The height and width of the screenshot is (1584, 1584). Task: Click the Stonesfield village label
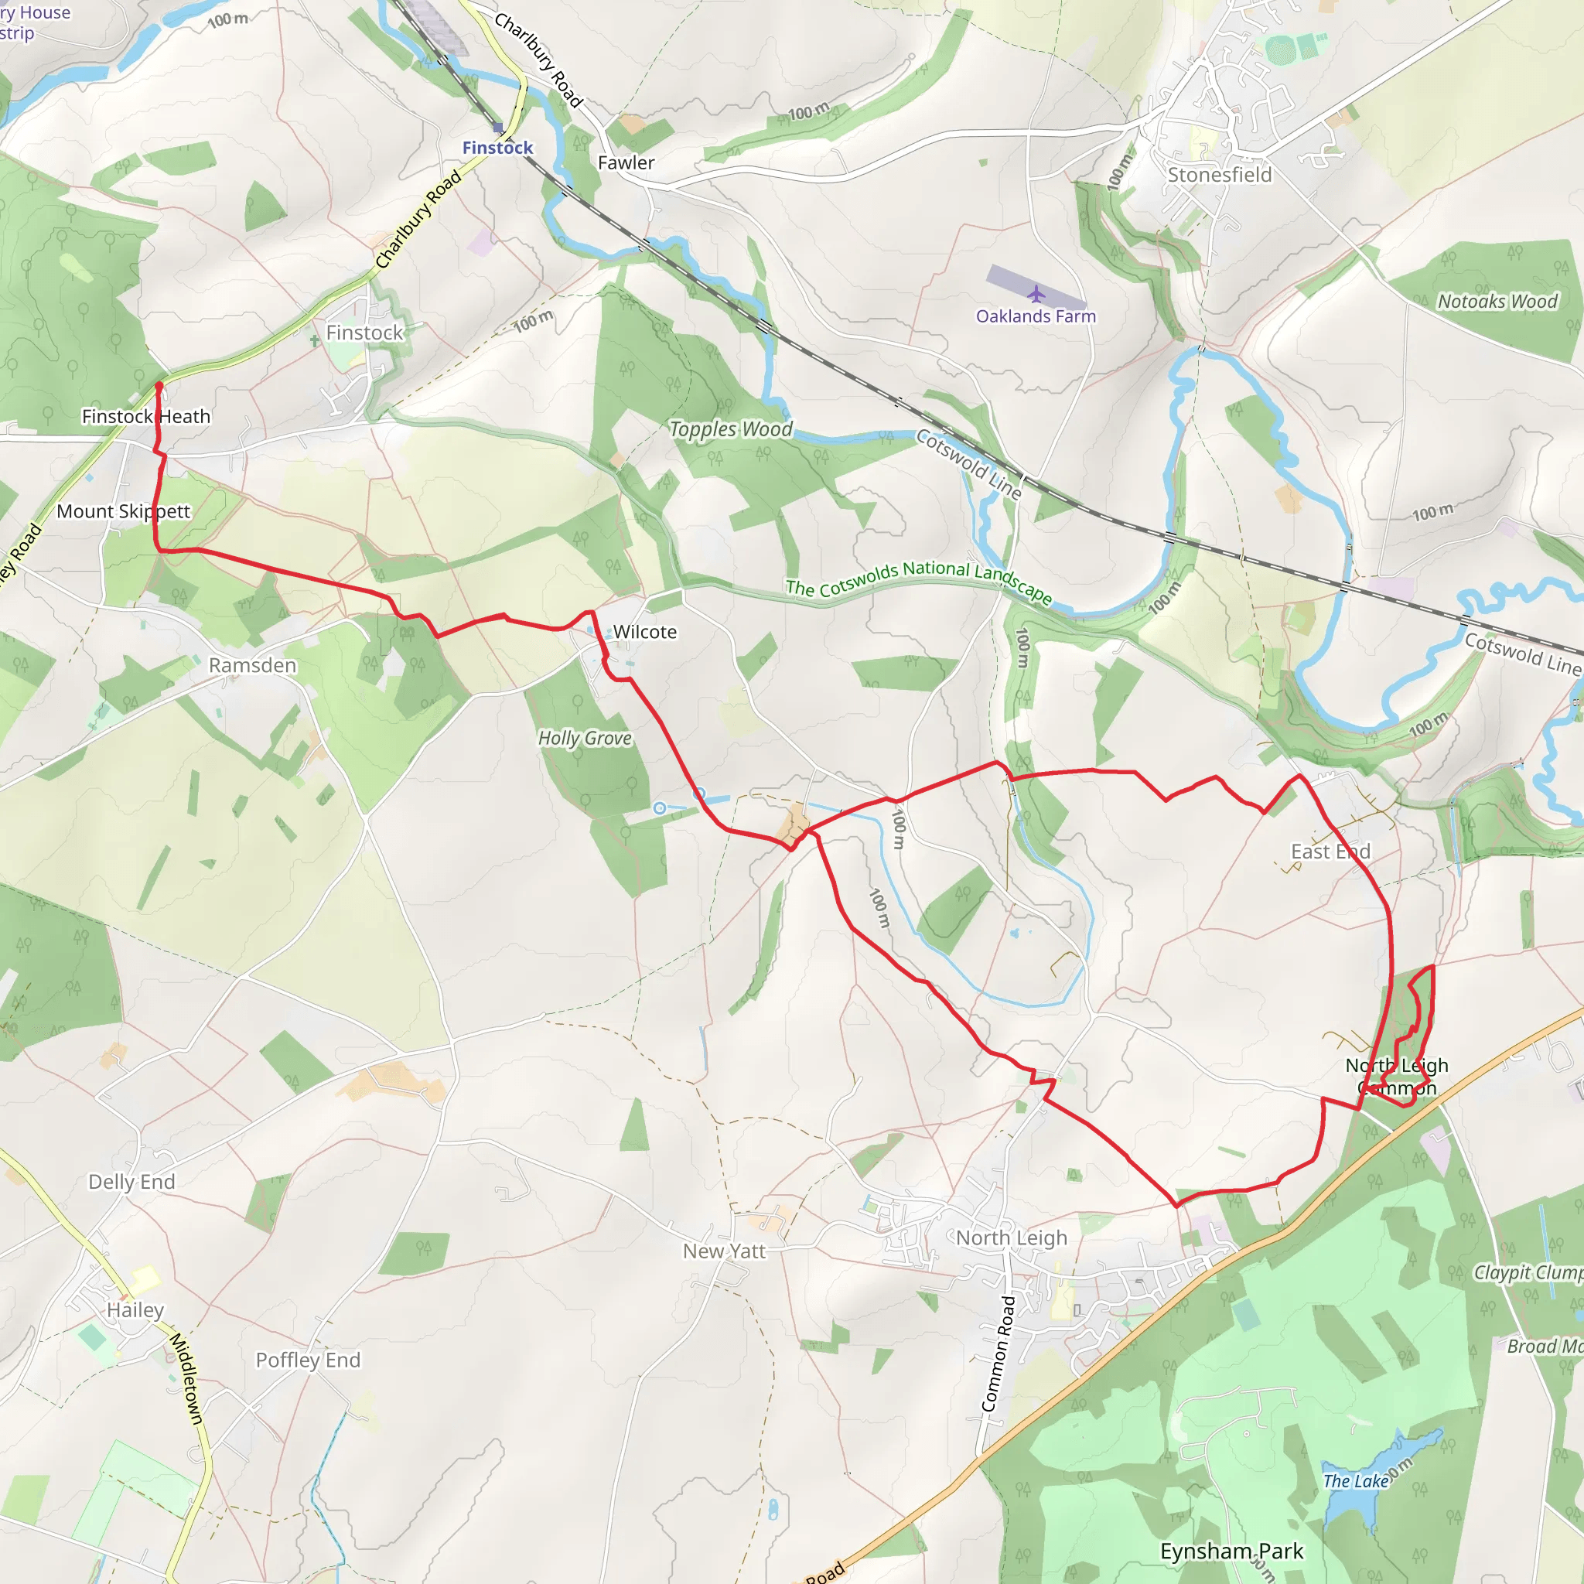point(1219,175)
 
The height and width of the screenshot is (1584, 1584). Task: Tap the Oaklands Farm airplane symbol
point(1036,293)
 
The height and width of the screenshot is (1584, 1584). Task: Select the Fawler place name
point(626,162)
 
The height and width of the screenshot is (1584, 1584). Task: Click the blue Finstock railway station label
point(497,148)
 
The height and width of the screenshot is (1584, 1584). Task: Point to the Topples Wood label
point(730,428)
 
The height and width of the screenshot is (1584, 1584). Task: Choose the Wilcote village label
point(645,631)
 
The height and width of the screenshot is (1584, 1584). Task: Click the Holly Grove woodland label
point(585,738)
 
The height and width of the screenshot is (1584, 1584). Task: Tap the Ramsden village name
point(252,665)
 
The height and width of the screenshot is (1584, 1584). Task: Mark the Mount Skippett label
point(123,510)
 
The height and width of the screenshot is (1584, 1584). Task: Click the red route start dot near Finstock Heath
point(159,385)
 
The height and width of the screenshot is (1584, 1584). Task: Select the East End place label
point(1330,851)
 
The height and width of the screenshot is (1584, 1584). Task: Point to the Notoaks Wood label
point(1497,301)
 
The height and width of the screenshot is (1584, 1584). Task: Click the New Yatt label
point(724,1251)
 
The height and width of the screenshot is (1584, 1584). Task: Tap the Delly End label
point(131,1182)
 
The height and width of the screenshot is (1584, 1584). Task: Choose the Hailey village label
point(135,1309)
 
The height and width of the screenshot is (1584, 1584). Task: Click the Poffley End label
point(308,1360)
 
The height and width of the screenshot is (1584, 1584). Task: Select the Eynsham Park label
point(1231,1551)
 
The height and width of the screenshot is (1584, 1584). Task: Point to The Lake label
point(1355,1480)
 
